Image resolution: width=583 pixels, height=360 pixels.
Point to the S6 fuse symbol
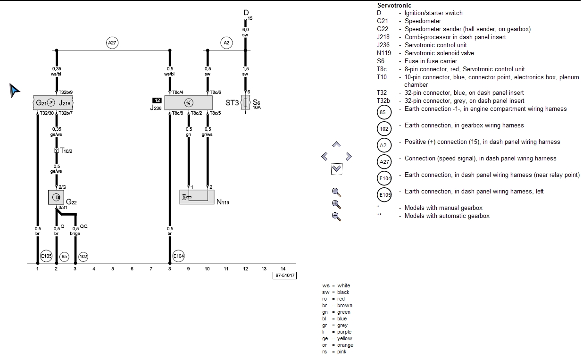coord(245,102)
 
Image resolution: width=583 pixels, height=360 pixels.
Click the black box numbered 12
coord(157,100)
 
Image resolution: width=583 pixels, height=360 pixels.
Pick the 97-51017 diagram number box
coord(284,276)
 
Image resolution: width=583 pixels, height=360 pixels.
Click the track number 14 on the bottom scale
coord(283,268)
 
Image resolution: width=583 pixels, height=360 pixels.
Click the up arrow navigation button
coord(336,144)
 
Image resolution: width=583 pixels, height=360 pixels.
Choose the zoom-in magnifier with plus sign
coord(336,204)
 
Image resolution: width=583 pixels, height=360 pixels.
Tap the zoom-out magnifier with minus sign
coord(336,217)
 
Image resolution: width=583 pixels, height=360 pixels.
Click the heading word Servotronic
coord(394,6)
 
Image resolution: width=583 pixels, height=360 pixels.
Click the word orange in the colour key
coord(345,345)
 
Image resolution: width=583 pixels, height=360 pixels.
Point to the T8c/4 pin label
coord(177,92)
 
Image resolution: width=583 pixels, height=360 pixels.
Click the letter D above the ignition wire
coord(246,12)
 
